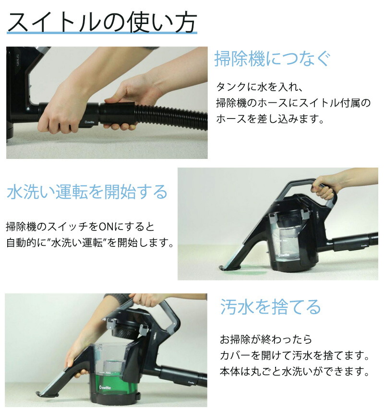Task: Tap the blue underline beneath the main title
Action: coord(102,33)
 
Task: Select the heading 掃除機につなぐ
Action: coord(272,59)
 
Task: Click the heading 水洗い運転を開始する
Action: coord(87,192)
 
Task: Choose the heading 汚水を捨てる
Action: coord(270,307)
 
